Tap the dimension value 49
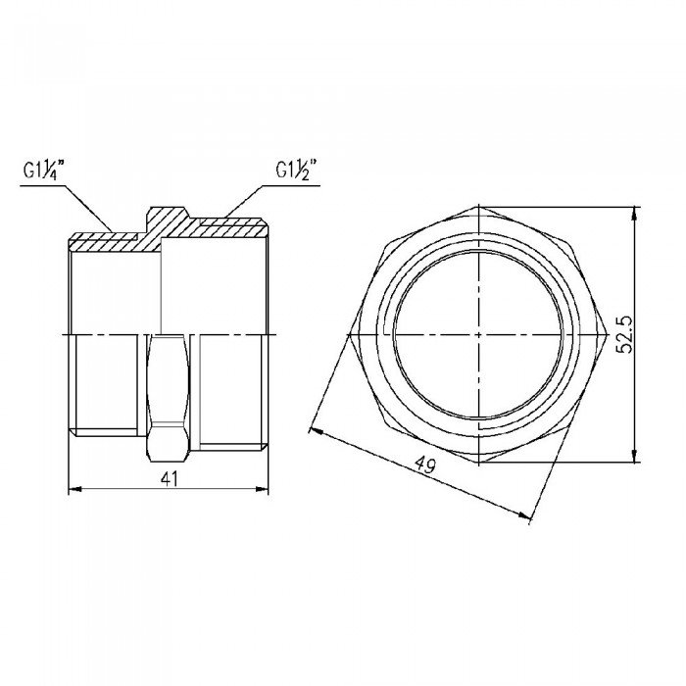pyautogui.click(x=424, y=466)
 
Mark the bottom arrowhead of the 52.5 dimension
pyautogui.click(x=638, y=456)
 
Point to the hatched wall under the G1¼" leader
pyautogui.click(x=103, y=236)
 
